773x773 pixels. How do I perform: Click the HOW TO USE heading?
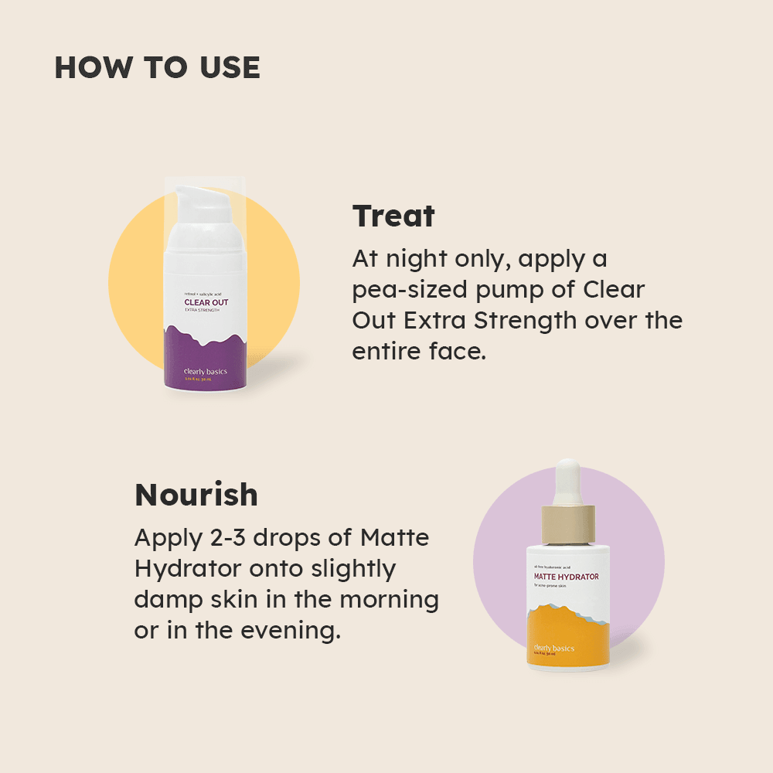(157, 68)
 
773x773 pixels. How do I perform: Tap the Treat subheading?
(393, 216)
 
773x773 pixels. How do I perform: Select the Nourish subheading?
(196, 495)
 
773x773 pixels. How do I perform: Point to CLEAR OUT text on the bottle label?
(206, 302)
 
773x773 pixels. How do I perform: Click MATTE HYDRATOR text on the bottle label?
(566, 577)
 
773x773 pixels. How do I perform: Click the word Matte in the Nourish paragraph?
(395, 537)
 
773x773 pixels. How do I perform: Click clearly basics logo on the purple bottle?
(206, 372)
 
